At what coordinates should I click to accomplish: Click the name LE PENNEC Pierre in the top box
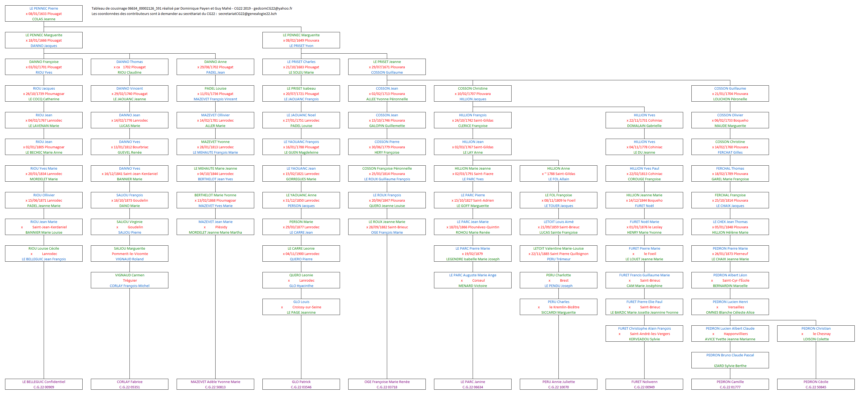click(x=44, y=8)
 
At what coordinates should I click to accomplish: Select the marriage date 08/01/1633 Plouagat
click(x=45, y=14)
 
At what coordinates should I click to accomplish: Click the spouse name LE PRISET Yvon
click(x=301, y=46)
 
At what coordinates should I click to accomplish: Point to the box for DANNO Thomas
click(x=129, y=67)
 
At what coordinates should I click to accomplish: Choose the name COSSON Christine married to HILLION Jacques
click(x=472, y=89)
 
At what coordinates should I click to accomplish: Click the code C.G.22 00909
click(x=44, y=387)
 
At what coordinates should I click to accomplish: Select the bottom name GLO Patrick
click(x=301, y=382)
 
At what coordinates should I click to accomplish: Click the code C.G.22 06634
click(x=472, y=387)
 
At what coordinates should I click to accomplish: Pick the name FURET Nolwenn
click(x=644, y=382)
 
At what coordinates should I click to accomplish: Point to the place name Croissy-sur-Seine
click(x=307, y=307)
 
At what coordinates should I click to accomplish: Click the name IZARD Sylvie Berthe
click(x=730, y=366)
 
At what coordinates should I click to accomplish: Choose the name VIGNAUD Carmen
click(x=130, y=275)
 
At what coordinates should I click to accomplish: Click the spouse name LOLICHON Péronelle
click(x=730, y=99)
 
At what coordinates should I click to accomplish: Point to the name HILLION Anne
click(x=558, y=169)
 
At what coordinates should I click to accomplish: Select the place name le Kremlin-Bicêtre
click(x=564, y=307)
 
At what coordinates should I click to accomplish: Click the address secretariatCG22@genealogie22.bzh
click(x=248, y=14)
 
